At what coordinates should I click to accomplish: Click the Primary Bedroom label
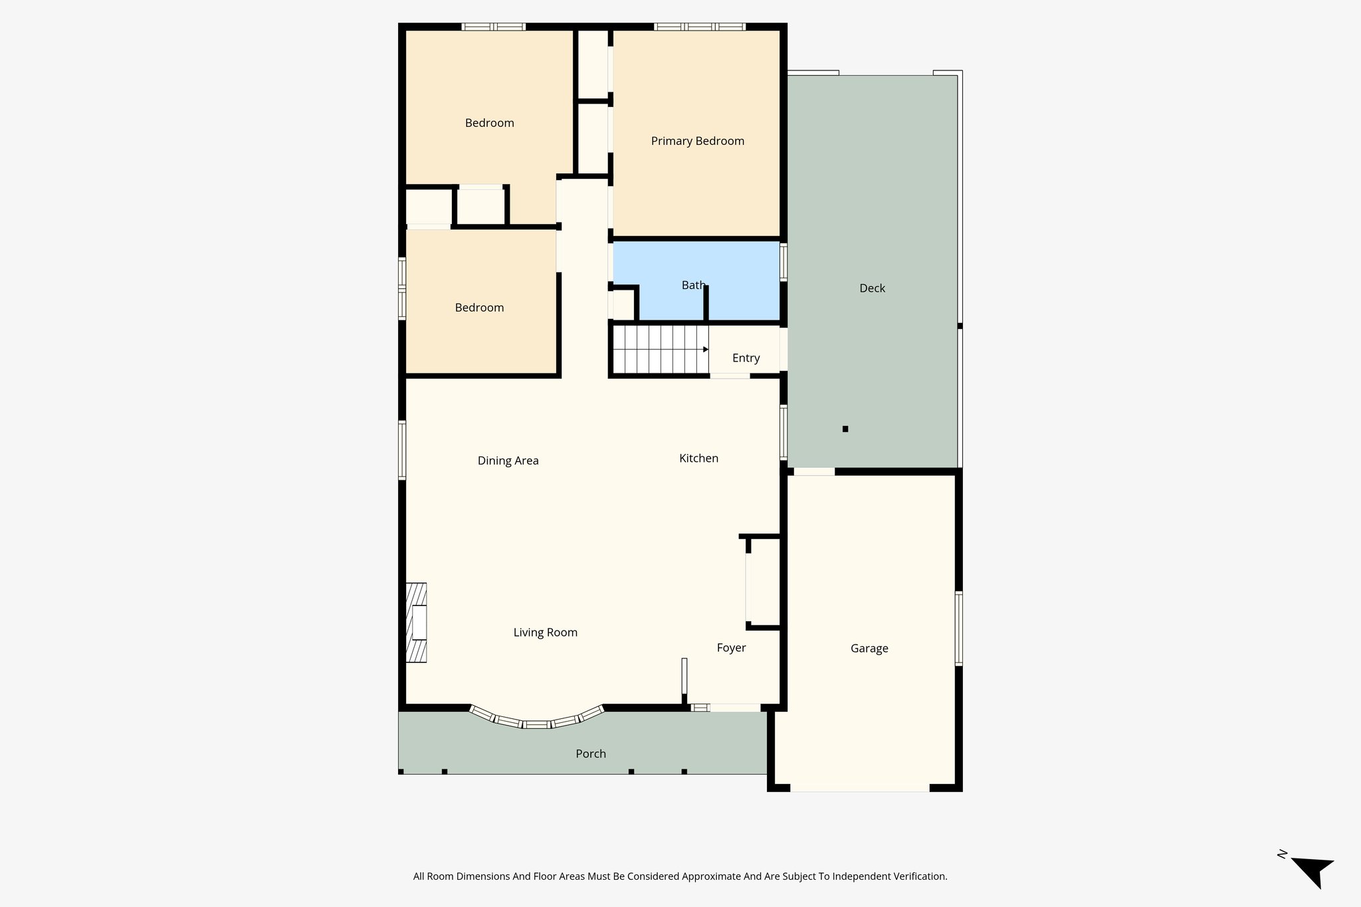point(697,141)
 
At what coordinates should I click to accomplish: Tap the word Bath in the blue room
point(693,285)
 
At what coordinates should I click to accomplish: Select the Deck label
point(872,288)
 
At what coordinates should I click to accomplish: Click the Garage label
point(869,649)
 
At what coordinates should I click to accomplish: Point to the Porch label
point(591,754)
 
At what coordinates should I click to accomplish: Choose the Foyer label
point(731,648)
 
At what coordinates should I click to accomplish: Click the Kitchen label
point(698,458)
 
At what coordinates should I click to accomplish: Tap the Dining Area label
point(508,460)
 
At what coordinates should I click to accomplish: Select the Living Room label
point(545,633)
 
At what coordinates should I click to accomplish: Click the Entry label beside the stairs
point(746,358)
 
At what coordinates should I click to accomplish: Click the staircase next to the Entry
point(658,350)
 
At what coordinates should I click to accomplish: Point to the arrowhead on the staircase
point(706,350)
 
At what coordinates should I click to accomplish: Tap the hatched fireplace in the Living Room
point(417,623)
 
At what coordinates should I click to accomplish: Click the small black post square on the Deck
point(845,429)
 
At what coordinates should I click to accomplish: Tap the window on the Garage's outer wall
point(959,629)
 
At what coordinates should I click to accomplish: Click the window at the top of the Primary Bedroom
point(699,27)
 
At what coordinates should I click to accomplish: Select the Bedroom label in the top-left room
point(489,123)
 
